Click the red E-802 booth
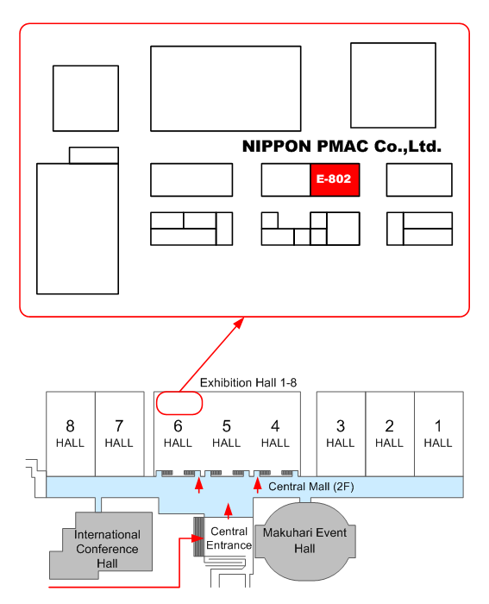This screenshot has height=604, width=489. point(335,179)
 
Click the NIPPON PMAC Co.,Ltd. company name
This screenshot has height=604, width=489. point(342,148)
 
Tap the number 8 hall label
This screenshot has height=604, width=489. point(70,425)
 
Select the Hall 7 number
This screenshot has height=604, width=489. point(119,425)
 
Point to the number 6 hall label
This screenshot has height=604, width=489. point(178,425)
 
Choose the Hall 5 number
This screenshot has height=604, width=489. point(226,425)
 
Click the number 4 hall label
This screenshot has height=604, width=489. point(275,425)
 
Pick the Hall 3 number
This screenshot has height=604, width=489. point(341,425)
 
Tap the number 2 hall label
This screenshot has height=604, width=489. point(389,425)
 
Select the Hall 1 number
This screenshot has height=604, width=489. point(438,425)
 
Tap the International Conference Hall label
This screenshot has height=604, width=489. point(108,549)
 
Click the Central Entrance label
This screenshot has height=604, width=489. point(229,538)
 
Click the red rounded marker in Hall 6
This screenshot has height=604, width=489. point(179,403)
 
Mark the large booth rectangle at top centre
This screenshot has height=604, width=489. point(226,88)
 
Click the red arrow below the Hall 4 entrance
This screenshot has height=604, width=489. point(257,486)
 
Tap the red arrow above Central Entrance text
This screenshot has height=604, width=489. point(228,510)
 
